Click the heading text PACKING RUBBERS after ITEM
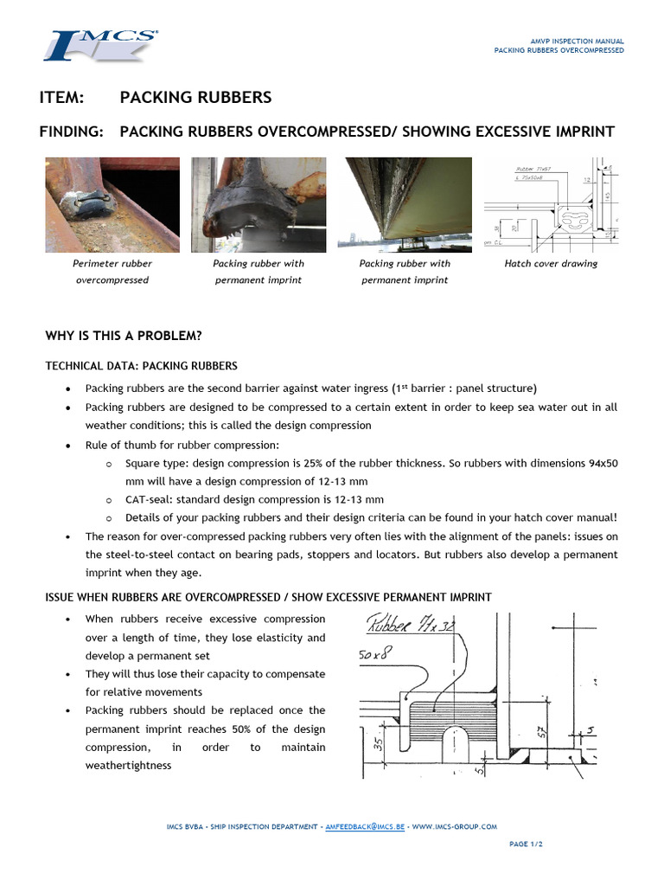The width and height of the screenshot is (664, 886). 195,97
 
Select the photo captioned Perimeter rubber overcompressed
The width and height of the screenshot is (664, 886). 112,205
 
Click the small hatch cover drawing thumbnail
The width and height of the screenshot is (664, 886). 551,205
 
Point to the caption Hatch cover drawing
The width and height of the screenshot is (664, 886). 551,264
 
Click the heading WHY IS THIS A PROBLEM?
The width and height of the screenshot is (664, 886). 123,336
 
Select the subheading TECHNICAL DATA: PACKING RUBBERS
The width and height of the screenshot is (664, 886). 141,366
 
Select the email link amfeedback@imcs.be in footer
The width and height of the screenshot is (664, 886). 365,826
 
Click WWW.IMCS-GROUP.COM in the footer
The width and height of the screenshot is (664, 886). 455,826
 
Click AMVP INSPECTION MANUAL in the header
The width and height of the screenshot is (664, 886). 577,42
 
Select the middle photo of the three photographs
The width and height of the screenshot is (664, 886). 259,205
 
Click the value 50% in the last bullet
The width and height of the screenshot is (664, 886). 252,729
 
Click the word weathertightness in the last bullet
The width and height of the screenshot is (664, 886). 128,765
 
